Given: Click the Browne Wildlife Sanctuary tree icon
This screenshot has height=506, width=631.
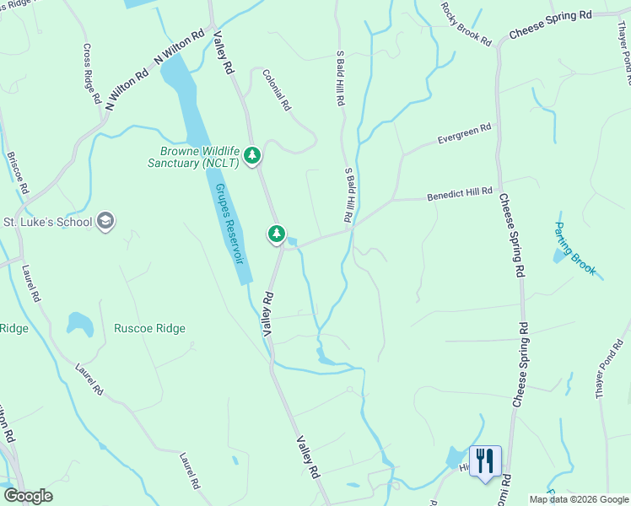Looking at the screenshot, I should pyautogui.click(x=251, y=156).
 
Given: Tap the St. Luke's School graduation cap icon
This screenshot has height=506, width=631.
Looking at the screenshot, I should pyautogui.click(x=105, y=222).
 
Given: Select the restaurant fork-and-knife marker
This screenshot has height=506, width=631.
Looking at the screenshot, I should pyautogui.click(x=485, y=461).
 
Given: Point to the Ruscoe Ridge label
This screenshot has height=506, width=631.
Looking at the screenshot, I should pyautogui.click(x=150, y=328).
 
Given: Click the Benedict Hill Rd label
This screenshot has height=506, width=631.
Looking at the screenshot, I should pyautogui.click(x=459, y=193).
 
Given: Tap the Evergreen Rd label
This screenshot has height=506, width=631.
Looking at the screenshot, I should pyautogui.click(x=464, y=134).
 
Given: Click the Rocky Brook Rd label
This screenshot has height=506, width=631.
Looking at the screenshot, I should pyautogui.click(x=465, y=24).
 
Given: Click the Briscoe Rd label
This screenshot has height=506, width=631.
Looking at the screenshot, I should pyautogui.click(x=17, y=172).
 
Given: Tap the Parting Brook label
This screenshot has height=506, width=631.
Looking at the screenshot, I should pyautogui.click(x=574, y=249).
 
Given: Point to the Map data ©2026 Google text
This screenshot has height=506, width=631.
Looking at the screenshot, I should pyautogui.click(x=579, y=499).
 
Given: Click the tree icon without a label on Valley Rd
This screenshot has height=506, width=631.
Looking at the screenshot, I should pyautogui.click(x=276, y=234).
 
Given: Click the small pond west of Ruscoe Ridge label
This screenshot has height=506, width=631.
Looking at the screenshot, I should pyautogui.click(x=79, y=323).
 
